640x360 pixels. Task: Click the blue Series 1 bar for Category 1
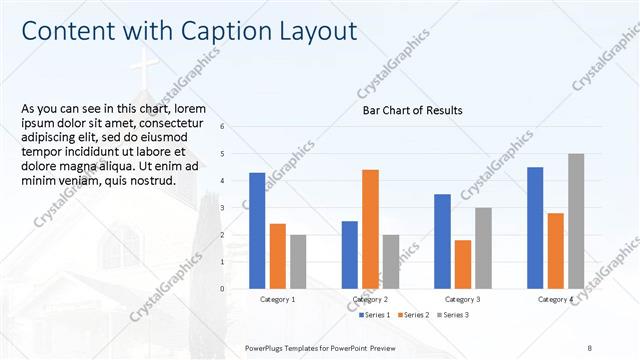pos(257,230)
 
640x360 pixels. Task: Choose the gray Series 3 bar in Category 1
pos(298,261)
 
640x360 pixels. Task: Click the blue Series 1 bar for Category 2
pos(350,254)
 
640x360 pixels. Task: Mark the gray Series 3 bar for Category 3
pos(483,248)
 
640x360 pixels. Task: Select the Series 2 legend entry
pos(414,315)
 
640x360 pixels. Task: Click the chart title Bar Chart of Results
pos(412,110)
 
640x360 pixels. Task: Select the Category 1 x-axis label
pos(277,299)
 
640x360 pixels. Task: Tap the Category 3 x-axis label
pos(462,299)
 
